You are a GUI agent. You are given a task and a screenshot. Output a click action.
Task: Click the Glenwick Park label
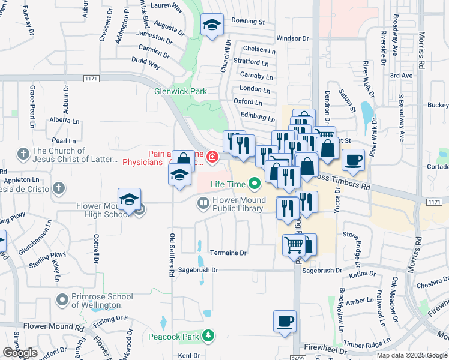(x=180, y=91)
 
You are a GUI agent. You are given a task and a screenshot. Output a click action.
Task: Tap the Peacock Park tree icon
(x=208, y=336)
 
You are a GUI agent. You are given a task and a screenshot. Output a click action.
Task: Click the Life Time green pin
(x=255, y=182)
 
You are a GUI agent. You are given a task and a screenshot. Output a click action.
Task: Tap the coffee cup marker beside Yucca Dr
(x=353, y=160)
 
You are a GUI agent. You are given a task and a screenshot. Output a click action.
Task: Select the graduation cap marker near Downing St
(x=211, y=26)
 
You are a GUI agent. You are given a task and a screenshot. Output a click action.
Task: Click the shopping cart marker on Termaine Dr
(x=294, y=245)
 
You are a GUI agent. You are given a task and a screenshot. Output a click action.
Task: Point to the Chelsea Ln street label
(x=259, y=49)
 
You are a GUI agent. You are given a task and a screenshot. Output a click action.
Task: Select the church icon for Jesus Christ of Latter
(x=23, y=155)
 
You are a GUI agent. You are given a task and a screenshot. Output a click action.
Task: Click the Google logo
(x=20, y=353)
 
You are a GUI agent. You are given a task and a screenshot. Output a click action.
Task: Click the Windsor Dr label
(x=292, y=38)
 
